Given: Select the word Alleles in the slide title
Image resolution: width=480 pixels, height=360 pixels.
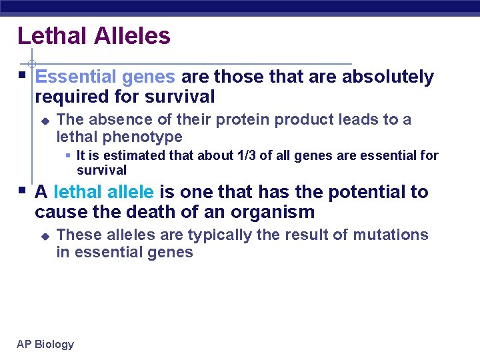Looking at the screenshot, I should tap(131, 36).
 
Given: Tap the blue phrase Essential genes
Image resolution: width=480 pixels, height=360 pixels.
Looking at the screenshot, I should tap(105, 77).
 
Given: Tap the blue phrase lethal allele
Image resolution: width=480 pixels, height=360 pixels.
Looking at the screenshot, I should tap(103, 193).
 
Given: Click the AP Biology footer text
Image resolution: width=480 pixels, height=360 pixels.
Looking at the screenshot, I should tap(45, 345).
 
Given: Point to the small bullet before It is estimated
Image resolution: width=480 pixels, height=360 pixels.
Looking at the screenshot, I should tap(68, 155).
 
